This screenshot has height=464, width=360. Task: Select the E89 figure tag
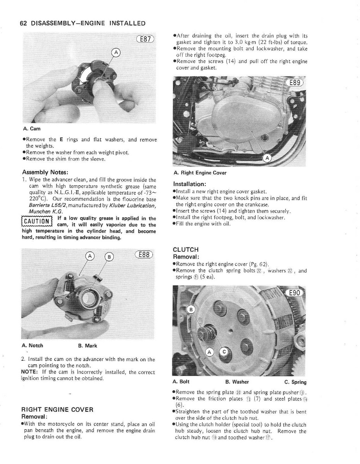coord(295,83)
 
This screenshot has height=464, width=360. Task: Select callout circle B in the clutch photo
coord(191,309)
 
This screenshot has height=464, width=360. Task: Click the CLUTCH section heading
coord(186,250)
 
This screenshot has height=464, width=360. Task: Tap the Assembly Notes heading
coord(45,172)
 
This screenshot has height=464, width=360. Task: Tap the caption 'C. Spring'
coord(295,382)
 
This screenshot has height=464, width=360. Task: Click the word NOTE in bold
coord(29,372)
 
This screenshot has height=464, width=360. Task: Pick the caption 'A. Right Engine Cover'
coord(200,173)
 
